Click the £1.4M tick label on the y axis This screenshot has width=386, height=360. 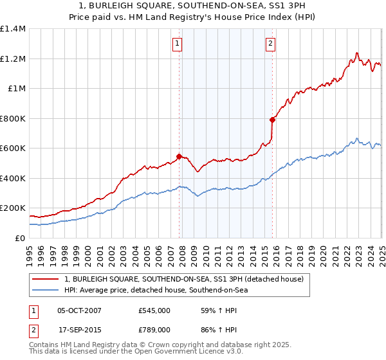13,29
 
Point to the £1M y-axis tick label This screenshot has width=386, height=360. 17,89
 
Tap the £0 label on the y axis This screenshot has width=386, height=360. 21,239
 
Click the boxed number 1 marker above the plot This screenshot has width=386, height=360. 176,44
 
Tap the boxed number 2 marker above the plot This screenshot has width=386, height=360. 270,44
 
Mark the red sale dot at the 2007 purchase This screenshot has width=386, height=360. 179,156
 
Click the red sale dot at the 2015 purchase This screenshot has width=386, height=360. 273,120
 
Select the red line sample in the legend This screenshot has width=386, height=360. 46,279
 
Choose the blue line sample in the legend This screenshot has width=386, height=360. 46,291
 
